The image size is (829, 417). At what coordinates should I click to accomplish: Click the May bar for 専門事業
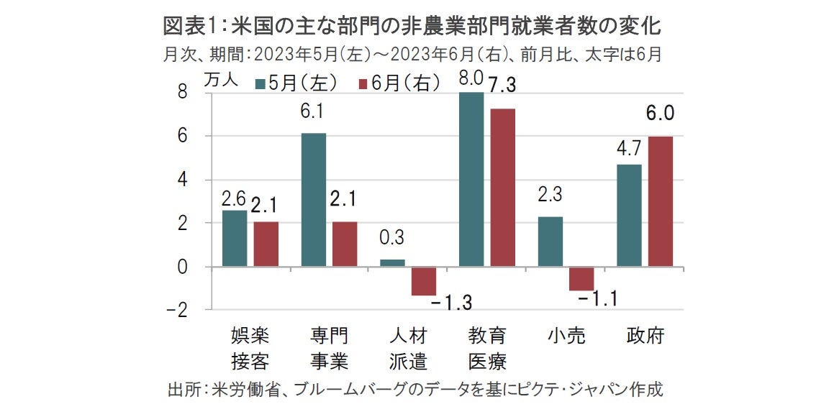(x=313, y=200)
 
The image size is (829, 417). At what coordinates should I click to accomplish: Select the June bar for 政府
(x=660, y=201)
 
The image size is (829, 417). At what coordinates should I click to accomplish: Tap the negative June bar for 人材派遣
(x=424, y=280)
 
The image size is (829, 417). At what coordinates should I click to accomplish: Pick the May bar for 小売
(x=550, y=242)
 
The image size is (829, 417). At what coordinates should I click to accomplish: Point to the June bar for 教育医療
(x=502, y=188)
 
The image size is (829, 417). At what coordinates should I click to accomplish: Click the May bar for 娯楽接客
(x=235, y=238)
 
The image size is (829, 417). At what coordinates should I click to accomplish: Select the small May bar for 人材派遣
(x=392, y=262)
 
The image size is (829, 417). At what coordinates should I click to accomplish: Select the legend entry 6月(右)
(x=399, y=83)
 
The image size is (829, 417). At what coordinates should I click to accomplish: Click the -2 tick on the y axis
(x=178, y=311)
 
